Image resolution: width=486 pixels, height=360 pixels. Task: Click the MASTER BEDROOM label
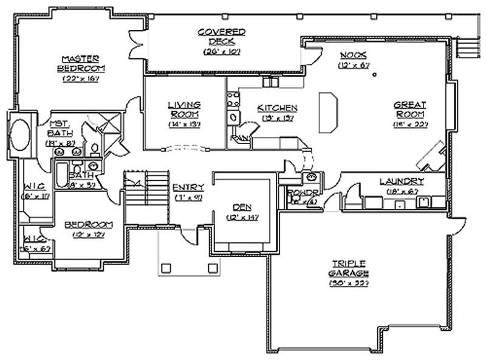tap(80, 62)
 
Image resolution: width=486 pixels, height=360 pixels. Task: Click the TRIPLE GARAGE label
tap(348, 269)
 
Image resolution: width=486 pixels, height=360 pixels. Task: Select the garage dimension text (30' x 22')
tap(347, 283)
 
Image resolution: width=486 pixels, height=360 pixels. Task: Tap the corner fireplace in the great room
tap(432, 156)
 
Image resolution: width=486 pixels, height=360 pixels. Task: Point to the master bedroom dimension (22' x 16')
tap(80, 78)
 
